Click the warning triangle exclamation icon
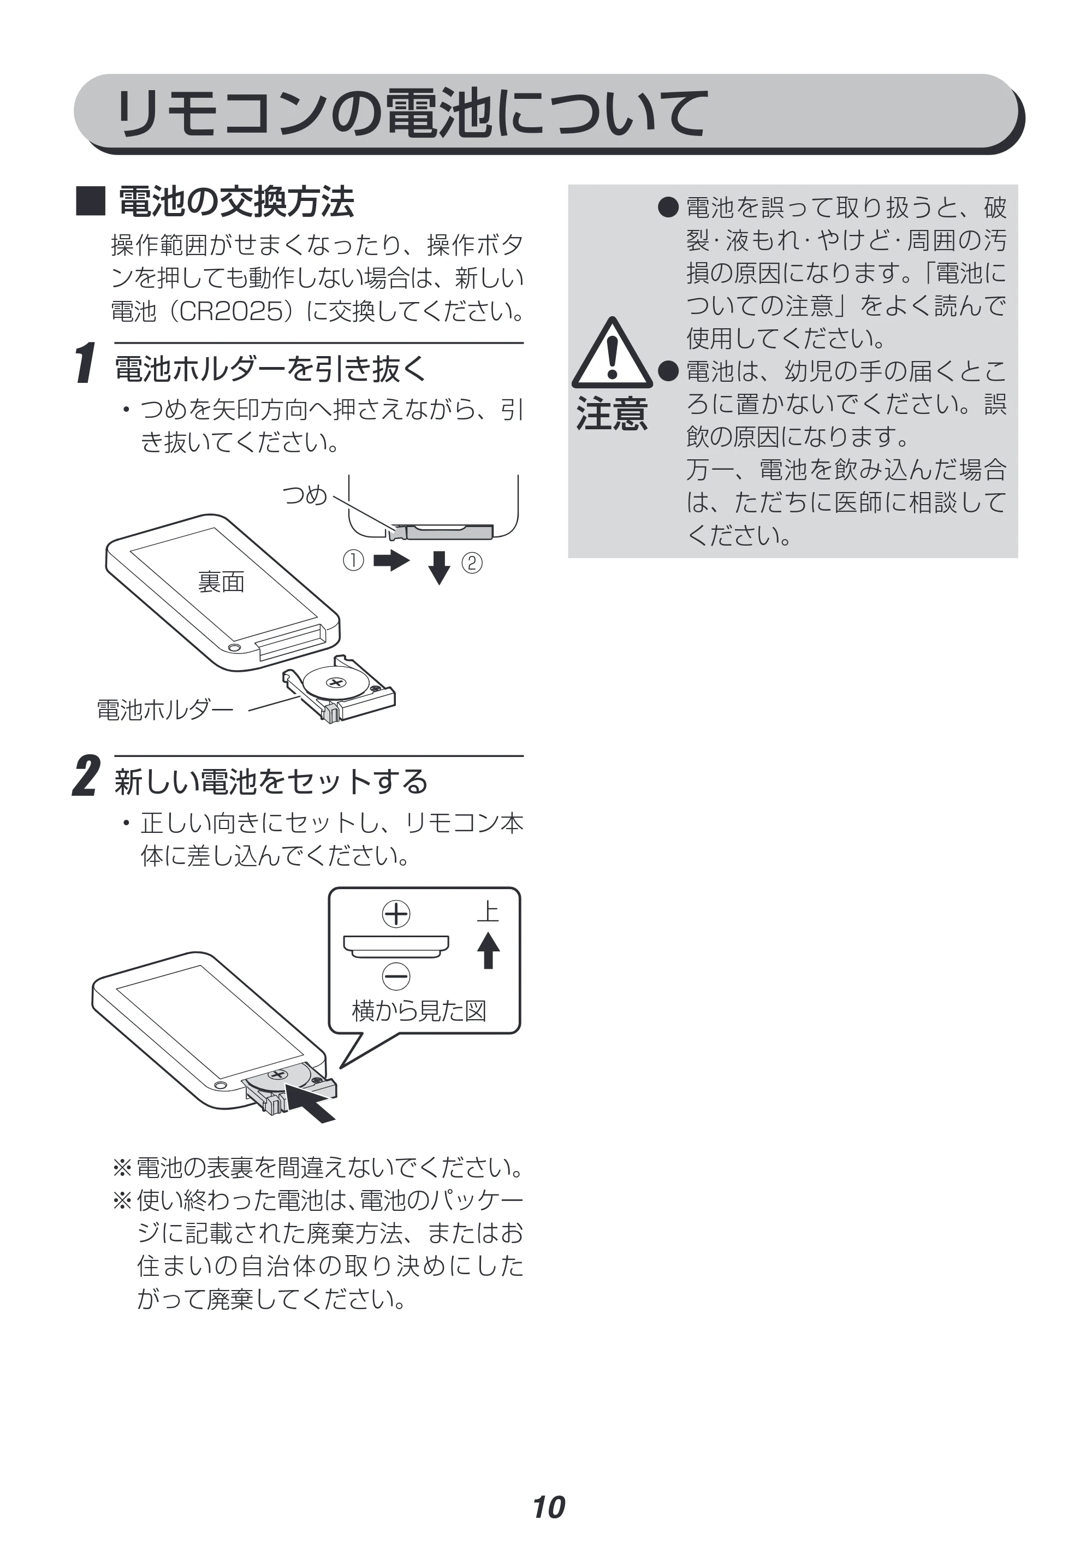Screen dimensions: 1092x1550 coord(612,352)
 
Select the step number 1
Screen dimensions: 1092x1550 coord(85,363)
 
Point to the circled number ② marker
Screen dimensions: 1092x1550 coord(472,563)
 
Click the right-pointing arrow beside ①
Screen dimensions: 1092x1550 coord(391,560)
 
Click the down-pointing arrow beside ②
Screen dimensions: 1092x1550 coord(440,567)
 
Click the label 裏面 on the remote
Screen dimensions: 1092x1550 coord(221,581)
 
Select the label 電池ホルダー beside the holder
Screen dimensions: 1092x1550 coord(165,709)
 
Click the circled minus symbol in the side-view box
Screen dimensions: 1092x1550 coord(396,976)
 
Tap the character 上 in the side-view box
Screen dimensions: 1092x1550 coord(488,912)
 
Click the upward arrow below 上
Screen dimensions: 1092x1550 coord(489,950)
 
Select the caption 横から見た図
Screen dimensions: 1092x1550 coord(419,1010)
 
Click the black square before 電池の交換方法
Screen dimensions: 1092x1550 coord(91,201)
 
